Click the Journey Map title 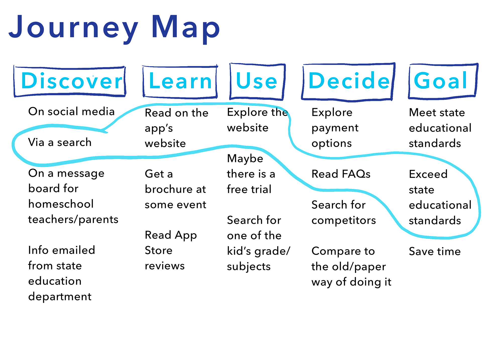[x=114, y=28]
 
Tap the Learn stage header [x=180, y=81]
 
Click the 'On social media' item [x=71, y=111]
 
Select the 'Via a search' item [x=60, y=142]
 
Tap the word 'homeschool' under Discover [x=61, y=204]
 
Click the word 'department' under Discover [x=60, y=297]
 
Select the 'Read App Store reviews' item [x=171, y=251]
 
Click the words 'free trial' [x=249, y=189]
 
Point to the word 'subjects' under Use [x=249, y=267]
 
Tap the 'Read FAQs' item [x=341, y=174]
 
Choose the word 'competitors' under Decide [x=344, y=221]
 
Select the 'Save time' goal [x=435, y=251]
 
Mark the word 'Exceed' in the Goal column [x=428, y=174]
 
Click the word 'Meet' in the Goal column [x=422, y=112]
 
